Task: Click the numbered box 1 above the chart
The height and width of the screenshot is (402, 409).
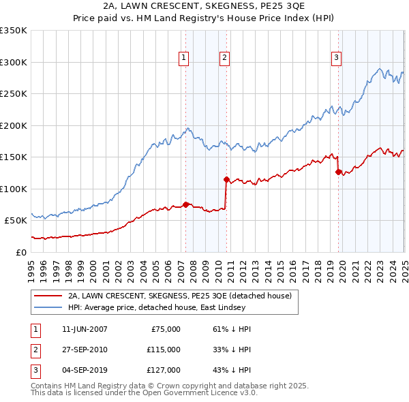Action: click(184, 59)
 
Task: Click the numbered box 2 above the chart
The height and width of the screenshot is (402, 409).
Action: click(224, 59)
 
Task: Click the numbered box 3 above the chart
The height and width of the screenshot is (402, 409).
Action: click(336, 59)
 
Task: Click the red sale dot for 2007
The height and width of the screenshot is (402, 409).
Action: click(185, 204)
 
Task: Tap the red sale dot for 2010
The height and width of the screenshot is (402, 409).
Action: click(226, 179)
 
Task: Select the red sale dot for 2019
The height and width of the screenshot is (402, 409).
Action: click(337, 172)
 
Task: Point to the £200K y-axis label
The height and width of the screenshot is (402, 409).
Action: click(13, 125)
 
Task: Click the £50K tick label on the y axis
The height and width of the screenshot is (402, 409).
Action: click(16, 220)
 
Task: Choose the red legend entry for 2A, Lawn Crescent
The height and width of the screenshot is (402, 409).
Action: click(180, 296)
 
